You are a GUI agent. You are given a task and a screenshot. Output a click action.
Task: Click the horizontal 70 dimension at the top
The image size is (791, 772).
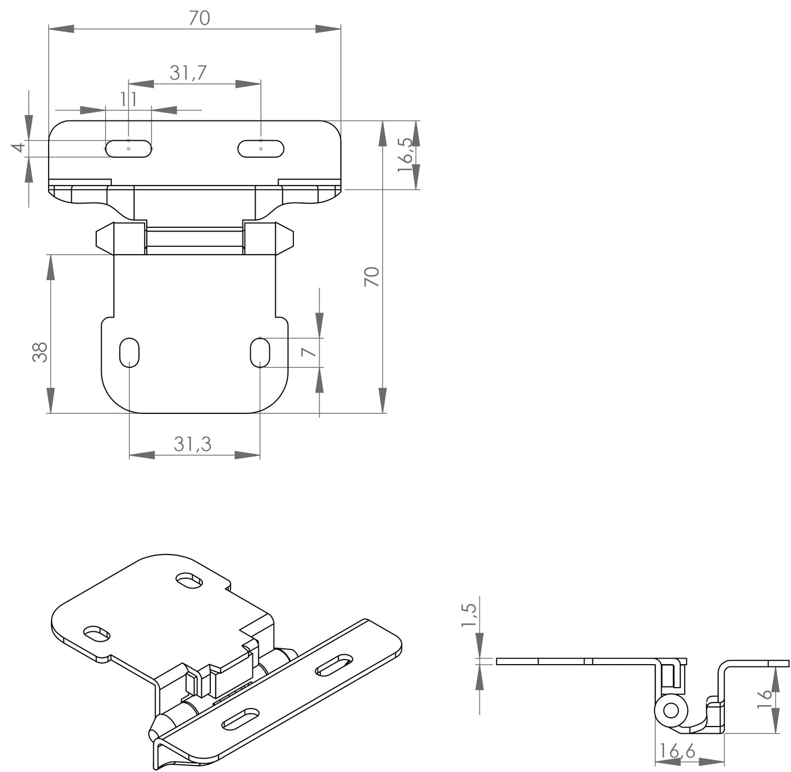[x=199, y=18]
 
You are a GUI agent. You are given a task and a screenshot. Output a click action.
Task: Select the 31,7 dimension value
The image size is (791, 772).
[x=188, y=73]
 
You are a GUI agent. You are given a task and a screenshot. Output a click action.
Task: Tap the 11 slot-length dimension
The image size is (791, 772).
[x=128, y=99]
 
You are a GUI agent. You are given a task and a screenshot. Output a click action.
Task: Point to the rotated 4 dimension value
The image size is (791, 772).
[x=19, y=148]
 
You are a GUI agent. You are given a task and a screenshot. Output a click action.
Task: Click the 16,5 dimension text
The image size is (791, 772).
[x=406, y=155]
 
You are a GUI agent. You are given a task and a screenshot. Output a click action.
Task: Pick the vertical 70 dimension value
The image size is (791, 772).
[x=372, y=276]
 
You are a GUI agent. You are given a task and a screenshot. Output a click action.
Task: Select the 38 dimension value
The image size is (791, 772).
[x=40, y=352]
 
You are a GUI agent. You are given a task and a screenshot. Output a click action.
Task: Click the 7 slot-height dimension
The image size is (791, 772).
[x=310, y=351]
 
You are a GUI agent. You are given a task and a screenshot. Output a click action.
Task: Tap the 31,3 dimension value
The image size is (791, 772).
[x=193, y=444]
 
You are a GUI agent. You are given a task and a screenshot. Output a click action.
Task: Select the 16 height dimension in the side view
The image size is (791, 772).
[x=766, y=700]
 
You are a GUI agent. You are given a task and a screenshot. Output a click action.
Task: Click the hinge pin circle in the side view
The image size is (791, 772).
[x=671, y=711]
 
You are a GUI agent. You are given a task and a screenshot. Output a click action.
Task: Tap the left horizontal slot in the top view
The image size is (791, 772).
[x=128, y=149]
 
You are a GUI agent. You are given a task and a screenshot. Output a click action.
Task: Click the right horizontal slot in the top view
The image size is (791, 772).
[x=261, y=149]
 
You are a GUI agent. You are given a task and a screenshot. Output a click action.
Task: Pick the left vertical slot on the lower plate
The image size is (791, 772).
[x=130, y=353]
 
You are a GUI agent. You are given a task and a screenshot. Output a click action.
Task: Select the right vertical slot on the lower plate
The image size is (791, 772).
[x=260, y=353]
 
